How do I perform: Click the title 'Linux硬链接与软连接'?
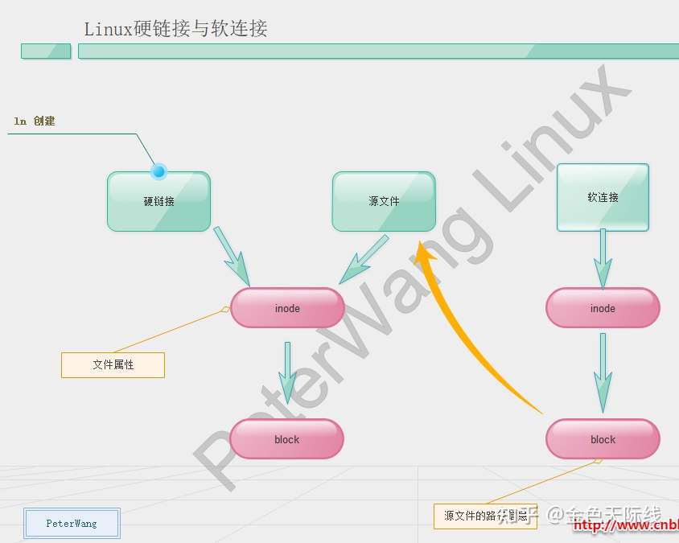click(175, 29)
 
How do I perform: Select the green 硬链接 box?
click(158, 201)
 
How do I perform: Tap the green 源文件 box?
click(384, 201)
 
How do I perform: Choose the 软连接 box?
click(603, 197)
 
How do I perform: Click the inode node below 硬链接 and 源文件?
click(287, 308)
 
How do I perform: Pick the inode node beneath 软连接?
click(603, 308)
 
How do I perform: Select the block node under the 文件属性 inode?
click(286, 439)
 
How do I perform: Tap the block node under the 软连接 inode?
click(603, 439)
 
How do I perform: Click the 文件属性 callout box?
click(113, 364)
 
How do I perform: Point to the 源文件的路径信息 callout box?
click(479, 516)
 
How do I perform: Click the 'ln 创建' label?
click(35, 121)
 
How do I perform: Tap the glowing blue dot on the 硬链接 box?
click(158, 171)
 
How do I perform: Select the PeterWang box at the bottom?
click(72, 523)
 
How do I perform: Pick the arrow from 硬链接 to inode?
click(233, 255)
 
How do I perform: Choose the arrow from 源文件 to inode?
click(364, 259)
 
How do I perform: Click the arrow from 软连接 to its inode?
click(603, 257)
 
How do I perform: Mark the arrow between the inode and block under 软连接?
click(603, 372)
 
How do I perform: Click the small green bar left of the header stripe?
click(46, 51)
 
